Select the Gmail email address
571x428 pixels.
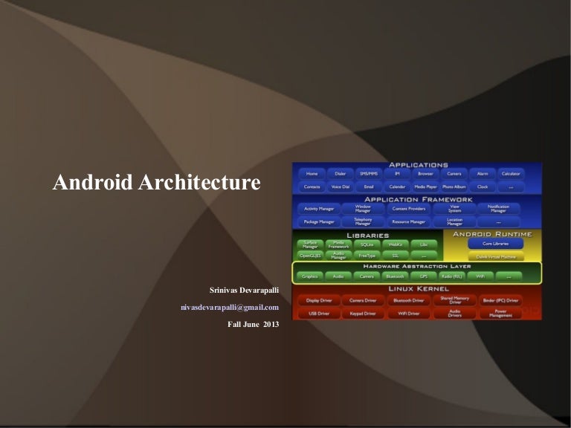pyautogui.click(x=230, y=307)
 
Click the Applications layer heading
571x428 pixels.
pyautogui.click(x=416, y=165)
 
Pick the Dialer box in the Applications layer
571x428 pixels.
pyautogui.click(x=341, y=174)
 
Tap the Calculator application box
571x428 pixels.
pyautogui.click(x=510, y=174)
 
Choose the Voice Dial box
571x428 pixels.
pyautogui.click(x=341, y=187)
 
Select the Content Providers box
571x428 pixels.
pyautogui.click(x=409, y=209)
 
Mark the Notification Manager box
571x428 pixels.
pyautogui.click(x=499, y=209)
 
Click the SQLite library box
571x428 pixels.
pyautogui.click(x=367, y=244)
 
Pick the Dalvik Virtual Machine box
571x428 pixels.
pyautogui.click(x=495, y=256)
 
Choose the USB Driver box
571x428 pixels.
pyautogui.click(x=319, y=314)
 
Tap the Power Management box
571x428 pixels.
pyautogui.click(x=501, y=314)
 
